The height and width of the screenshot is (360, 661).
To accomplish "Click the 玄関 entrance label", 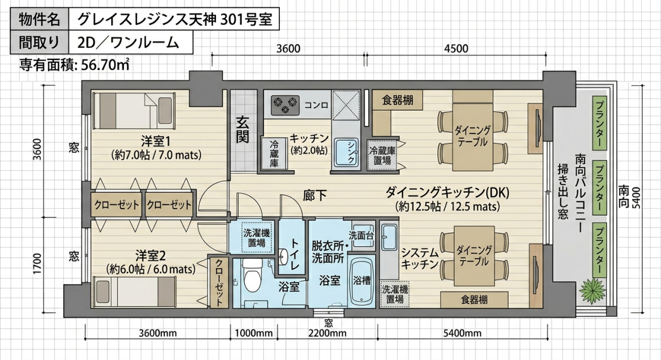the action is click(x=242, y=130).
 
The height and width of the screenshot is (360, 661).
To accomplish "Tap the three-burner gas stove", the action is click(x=285, y=105).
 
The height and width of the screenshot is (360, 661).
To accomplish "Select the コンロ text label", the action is click(x=316, y=105).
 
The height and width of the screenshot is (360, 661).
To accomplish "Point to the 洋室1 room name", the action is click(x=155, y=142).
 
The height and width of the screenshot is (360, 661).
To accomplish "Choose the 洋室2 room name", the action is click(x=150, y=255).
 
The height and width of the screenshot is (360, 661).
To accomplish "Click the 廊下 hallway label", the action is click(x=315, y=195).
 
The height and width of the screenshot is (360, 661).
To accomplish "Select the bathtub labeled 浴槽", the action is click(x=361, y=281).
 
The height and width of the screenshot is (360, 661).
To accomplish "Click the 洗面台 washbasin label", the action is click(x=361, y=236).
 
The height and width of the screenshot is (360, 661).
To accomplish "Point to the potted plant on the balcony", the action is click(x=592, y=290).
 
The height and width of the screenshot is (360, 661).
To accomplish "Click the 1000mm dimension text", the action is click(x=254, y=334).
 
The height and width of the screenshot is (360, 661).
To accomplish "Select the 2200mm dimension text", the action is click(x=328, y=334).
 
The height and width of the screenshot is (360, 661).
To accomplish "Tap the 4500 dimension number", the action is click(x=456, y=48).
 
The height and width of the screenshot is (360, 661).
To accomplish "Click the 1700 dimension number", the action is click(x=37, y=263).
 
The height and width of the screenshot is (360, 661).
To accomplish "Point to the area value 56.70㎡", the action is click(x=105, y=65).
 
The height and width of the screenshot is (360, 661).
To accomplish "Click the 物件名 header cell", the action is click(x=40, y=19).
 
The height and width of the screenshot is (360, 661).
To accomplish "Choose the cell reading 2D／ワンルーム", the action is click(x=131, y=42).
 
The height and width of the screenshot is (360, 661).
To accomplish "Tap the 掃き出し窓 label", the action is click(x=563, y=192).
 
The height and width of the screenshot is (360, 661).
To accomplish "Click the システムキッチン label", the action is click(x=420, y=259).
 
